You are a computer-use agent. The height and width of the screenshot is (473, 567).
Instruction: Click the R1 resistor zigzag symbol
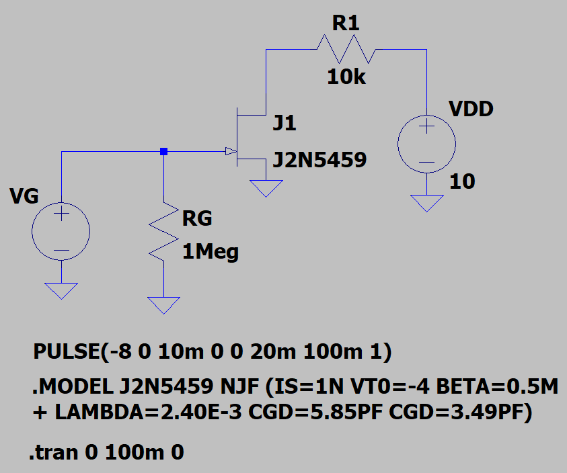click(x=347, y=49)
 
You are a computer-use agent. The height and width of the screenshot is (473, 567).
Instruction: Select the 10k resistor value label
click(x=346, y=77)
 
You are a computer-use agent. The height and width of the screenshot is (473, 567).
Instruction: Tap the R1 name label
click(x=346, y=24)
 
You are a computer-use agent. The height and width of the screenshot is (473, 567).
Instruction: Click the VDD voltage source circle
click(x=427, y=144)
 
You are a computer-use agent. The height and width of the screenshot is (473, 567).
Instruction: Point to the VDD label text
click(x=470, y=109)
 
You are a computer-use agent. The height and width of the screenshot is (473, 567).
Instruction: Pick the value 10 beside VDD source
click(x=462, y=181)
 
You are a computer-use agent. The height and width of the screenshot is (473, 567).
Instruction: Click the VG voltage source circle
click(x=61, y=232)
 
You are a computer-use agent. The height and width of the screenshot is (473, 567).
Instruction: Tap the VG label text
click(x=24, y=196)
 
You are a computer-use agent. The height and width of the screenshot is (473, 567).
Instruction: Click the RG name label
click(x=197, y=218)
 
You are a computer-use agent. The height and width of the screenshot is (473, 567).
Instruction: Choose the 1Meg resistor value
click(x=211, y=253)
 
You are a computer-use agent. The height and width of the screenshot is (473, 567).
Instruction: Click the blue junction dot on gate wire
click(x=163, y=152)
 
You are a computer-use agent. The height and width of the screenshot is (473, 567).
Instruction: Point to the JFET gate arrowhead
click(x=230, y=151)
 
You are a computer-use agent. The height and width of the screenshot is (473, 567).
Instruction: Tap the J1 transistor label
click(x=284, y=124)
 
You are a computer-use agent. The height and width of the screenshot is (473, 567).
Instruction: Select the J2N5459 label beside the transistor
click(x=319, y=160)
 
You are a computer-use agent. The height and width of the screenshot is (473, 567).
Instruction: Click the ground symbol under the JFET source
click(x=266, y=187)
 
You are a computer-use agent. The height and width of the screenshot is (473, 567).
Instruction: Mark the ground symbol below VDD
click(x=427, y=202)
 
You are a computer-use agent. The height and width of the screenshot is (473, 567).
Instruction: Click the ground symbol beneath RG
click(x=163, y=305)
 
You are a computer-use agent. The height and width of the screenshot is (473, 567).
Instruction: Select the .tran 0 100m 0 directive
click(x=107, y=453)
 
